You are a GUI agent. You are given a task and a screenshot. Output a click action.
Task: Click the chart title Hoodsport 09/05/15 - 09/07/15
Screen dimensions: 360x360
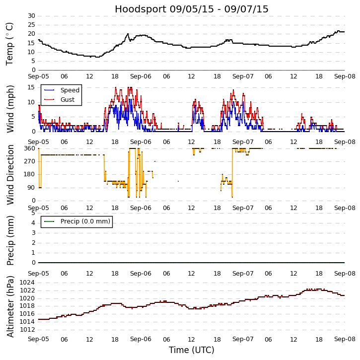[x=191, y=9]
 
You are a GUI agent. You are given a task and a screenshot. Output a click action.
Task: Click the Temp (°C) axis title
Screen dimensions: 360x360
[x=10, y=43]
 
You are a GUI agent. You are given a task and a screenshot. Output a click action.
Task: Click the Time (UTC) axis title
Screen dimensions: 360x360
[x=191, y=350]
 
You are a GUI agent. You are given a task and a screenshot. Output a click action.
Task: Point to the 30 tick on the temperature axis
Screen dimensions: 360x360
[x=31, y=16]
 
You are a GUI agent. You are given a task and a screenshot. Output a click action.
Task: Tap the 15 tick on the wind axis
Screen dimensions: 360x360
[x=31, y=87]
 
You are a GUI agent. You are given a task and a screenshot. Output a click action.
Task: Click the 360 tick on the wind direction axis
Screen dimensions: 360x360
[x=29, y=148]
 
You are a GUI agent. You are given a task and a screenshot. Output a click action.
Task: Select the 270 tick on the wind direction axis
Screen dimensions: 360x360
[x=29, y=161]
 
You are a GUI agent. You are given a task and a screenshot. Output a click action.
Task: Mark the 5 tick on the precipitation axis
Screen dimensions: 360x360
[x=33, y=213]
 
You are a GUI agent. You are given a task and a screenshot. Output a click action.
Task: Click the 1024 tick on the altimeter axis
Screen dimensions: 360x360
[x=28, y=283]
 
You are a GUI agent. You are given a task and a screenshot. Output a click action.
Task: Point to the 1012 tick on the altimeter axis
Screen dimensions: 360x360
[x=28, y=329]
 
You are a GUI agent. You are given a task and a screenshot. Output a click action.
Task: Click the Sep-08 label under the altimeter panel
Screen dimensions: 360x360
[x=345, y=339]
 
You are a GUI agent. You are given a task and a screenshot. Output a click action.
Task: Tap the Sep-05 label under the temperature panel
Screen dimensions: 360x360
[x=38, y=77]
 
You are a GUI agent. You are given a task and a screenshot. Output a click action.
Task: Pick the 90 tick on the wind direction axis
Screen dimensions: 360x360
[x=31, y=188]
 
